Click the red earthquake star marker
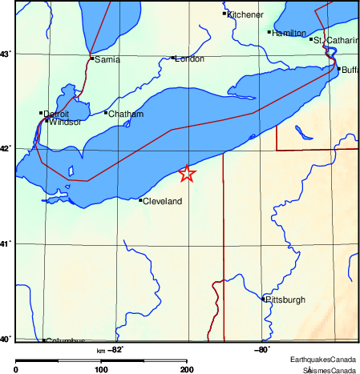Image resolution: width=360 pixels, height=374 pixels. click(187, 173)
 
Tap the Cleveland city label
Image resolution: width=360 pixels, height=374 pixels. click(163, 201)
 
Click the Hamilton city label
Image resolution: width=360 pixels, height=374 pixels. click(289, 34)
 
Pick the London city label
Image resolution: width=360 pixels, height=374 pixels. click(190, 58)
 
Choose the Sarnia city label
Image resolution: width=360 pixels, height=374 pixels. click(107, 60)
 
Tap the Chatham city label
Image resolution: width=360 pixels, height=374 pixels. click(126, 115)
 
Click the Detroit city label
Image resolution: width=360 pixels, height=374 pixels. click(57, 115)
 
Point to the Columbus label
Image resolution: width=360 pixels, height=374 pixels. click(66, 340)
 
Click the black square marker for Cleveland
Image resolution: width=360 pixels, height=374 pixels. click(140, 200)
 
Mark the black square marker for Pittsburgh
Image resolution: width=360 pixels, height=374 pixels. click(264, 299)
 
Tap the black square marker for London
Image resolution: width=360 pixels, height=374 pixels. click(173, 58)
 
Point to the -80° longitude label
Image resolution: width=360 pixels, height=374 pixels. click(261, 349)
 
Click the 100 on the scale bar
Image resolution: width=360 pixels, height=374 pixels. click(101, 369)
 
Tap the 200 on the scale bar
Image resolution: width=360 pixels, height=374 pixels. click(186, 369)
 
